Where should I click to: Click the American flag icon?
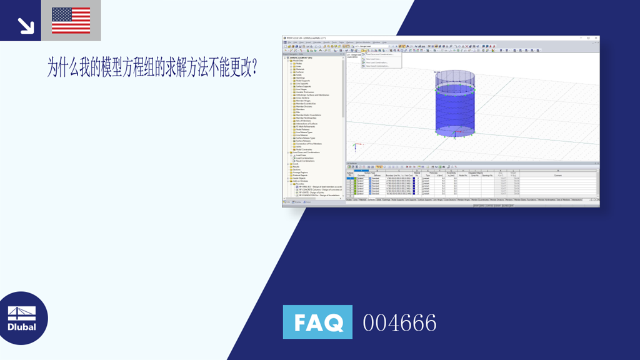[x=71, y=20]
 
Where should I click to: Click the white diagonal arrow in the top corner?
[x=25, y=25]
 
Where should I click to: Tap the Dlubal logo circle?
[x=23, y=318]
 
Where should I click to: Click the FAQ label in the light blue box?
[x=317, y=322]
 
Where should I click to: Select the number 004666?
[x=399, y=323]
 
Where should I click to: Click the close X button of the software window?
[x=596, y=38]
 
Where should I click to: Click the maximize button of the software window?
[x=592, y=38]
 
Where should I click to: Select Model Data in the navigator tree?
[x=299, y=60]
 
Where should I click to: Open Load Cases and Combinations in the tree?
[x=306, y=152]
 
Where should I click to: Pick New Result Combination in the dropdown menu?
[x=378, y=66]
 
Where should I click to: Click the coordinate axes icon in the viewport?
[x=354, y=147]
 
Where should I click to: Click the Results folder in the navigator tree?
[x=297, y=167]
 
